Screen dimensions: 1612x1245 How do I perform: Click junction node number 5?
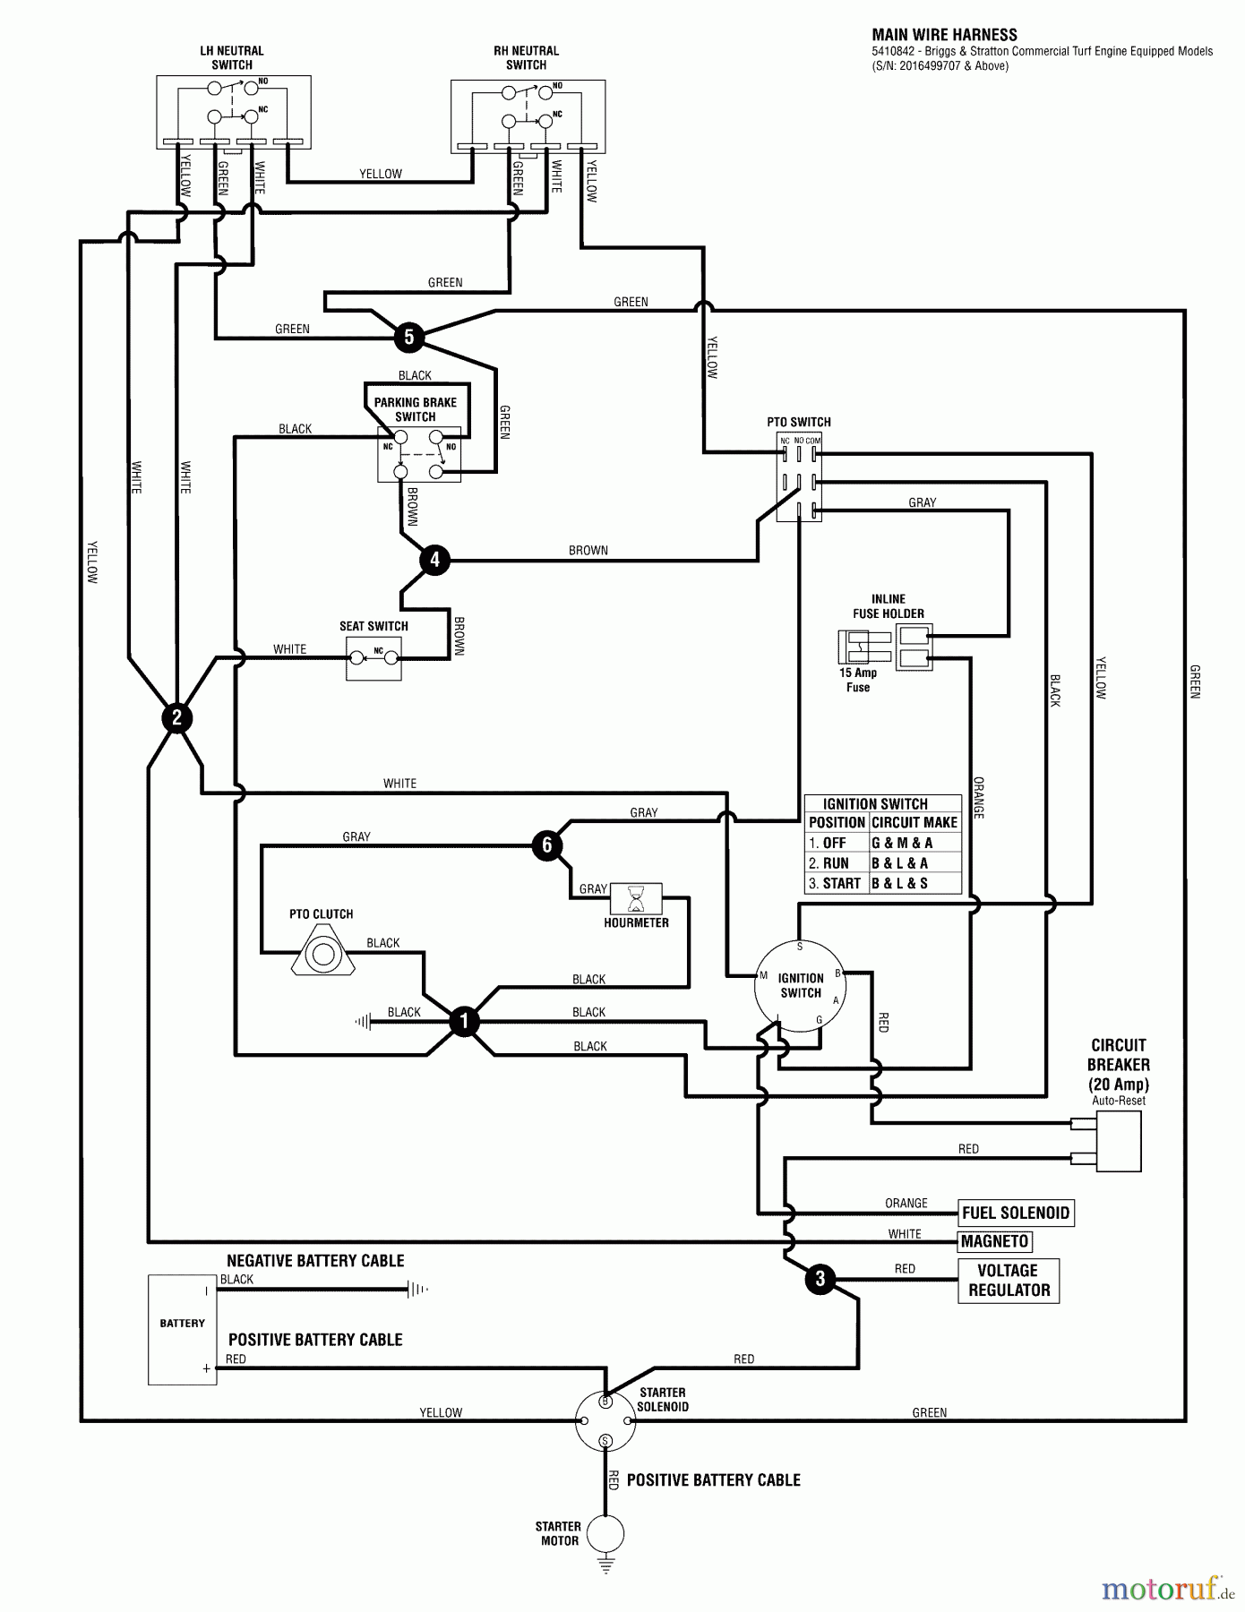click(x=409, y=337)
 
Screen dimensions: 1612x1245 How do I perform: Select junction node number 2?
click(x=176, y=717)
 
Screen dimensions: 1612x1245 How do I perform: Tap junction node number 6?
click(x=547, y=845)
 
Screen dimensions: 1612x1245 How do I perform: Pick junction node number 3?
click(x=820, y=1279)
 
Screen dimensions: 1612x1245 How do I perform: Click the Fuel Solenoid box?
click(x=1016, y=1213)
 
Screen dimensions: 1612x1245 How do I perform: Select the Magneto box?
click(x=995, y=1241)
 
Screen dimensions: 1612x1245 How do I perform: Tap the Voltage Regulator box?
click(x=1008, y=1281)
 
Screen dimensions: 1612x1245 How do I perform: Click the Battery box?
click(x=182, y=1330)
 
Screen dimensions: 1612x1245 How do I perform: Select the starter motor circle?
click(x=605, y=1532)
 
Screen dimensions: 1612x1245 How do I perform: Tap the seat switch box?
click(x=373, y=658)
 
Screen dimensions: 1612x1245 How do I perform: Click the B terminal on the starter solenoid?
click(x=605, y=1401)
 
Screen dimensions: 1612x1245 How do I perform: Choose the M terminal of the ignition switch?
click(x=763, y=975)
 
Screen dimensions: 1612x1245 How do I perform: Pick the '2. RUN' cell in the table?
click(x=835, y=863)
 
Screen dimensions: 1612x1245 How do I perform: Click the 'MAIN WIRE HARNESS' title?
click(x=944, y=35)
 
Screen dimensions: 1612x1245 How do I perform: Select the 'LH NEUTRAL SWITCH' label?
click(x=232, y=58)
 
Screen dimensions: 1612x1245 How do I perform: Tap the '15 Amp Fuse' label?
click(x=857, y=680)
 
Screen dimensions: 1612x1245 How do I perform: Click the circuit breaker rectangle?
click(x=1118, y=1141)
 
